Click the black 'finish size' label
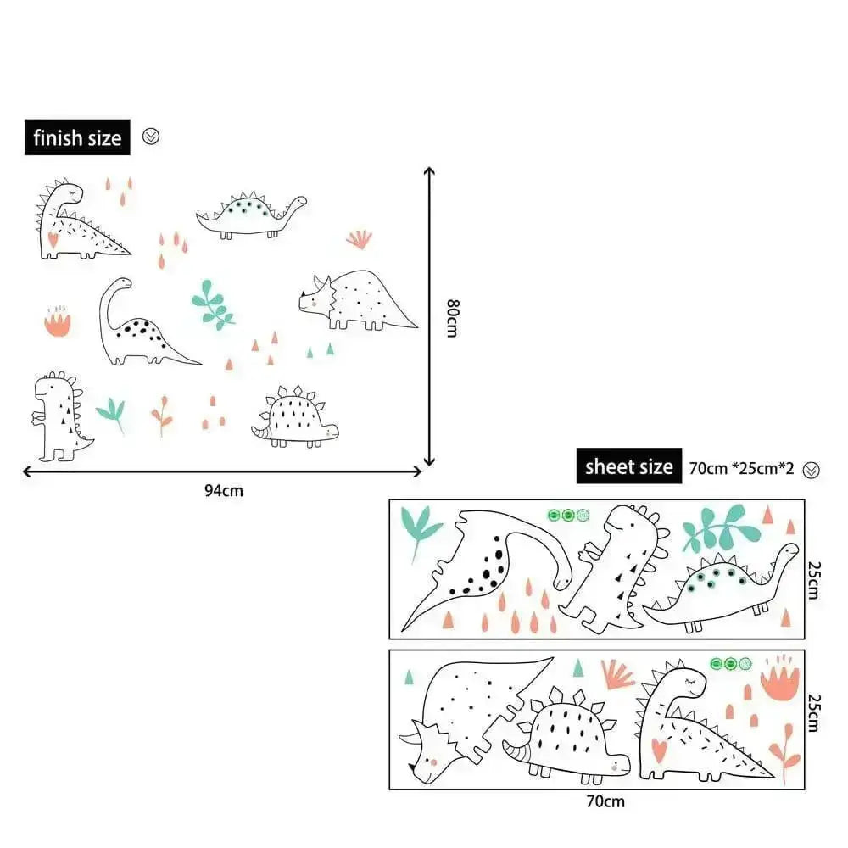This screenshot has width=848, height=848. [77, 137]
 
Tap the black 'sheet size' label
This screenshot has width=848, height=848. [629, 466]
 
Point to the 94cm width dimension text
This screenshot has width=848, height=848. [224, 491]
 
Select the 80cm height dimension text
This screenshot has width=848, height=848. [453, 318]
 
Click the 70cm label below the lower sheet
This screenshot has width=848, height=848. [605, 801]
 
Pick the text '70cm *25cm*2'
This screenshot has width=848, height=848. [741, 468]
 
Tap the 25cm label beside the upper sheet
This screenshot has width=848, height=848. [814, 580]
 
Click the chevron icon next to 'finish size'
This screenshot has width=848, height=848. [151, 137]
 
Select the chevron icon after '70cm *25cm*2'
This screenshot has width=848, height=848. [812, 471]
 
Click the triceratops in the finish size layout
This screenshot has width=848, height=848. [357, 300]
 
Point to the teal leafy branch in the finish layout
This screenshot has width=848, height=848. [213, 304]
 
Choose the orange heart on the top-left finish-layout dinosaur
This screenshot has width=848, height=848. [53, 239]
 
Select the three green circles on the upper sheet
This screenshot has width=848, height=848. [568, 515]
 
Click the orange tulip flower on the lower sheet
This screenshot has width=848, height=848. [779, 678]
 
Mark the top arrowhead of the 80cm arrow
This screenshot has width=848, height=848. [429, 171]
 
